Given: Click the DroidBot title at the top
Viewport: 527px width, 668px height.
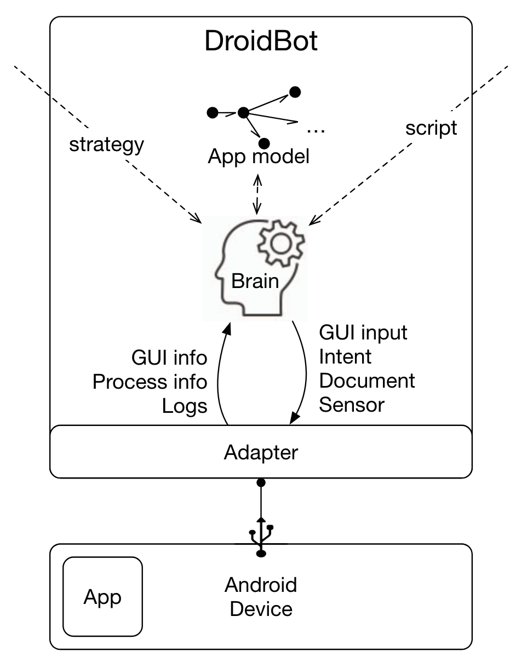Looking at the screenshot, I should point(261,41).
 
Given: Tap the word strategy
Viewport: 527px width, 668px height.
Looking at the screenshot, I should point(106,145).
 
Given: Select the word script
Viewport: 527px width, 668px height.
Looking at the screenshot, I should point(431,128).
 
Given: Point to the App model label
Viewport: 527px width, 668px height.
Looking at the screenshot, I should point(259,157).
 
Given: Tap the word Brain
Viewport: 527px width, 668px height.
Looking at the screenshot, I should point(255,281).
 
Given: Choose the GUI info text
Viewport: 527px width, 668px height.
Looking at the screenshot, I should point(169,358).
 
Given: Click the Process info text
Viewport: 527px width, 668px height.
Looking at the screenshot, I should point(150,382).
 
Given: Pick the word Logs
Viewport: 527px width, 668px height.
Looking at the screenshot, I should point(185,406).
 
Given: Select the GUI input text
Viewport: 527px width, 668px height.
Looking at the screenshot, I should point(363,332).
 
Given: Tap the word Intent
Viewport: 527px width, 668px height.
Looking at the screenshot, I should point(345,356).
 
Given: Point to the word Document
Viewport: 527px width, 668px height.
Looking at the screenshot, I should point(367,381).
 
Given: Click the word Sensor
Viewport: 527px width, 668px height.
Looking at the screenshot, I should point(352,405).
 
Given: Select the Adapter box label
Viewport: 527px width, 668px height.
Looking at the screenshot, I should point(261,452).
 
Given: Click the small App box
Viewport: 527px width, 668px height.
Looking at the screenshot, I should point(103,596).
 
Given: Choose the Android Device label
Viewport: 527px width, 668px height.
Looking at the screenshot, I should point(261,597).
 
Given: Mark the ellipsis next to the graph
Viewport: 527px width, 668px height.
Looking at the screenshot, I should point(316,129).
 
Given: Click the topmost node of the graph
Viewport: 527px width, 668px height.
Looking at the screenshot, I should point(295,92).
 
